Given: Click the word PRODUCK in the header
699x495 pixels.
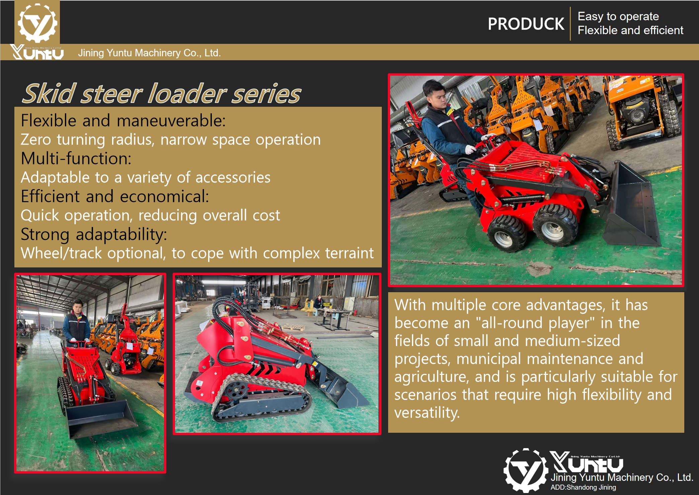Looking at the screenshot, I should [526, 24].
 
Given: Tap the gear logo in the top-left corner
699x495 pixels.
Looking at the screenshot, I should [37, 23].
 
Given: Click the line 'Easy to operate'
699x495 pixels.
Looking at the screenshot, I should [618, 16].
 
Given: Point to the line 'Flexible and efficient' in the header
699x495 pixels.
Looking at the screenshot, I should [630, 30].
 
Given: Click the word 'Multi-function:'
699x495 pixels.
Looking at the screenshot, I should [76, 158].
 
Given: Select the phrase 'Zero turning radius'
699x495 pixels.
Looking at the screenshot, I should [86, 140].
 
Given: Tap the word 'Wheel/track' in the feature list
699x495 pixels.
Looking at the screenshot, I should [61, 253].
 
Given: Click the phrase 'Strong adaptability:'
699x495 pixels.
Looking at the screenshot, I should [94, 234].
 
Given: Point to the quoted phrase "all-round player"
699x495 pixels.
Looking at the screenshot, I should [535, 323].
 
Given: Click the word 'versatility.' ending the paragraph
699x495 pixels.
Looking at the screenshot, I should [427, 413].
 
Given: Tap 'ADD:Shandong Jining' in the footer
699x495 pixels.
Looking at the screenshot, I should [583, 487].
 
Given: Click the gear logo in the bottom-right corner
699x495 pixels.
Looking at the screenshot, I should [526, 470].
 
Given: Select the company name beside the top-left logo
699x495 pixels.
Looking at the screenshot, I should [149, 53].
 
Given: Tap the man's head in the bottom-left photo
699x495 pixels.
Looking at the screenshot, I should [78, 306].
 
